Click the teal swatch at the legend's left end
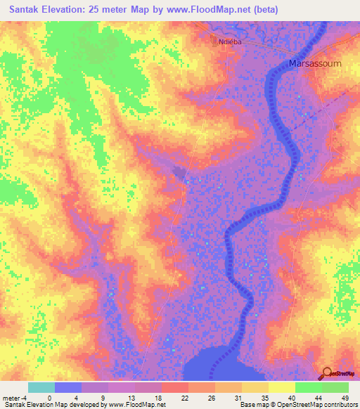[x=41, y=387]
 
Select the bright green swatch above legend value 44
[x=308, y=387]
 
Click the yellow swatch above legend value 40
[x=281, y=387]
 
